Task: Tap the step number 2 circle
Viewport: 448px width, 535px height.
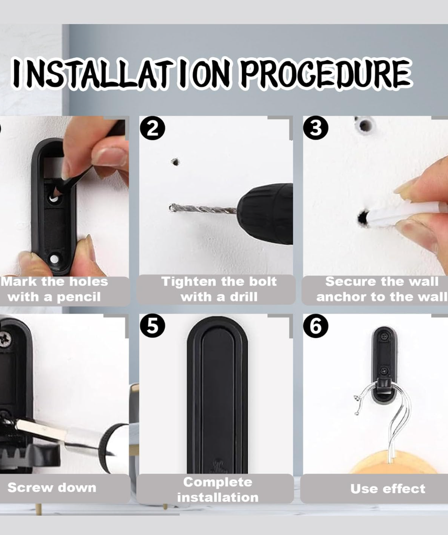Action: (153, 128)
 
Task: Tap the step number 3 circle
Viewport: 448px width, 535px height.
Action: (316, 128)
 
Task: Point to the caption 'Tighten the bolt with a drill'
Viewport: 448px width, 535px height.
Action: (219, 289)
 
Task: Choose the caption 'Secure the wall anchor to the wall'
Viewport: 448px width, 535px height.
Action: (380, 289)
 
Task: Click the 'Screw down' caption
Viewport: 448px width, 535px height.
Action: (52, 488)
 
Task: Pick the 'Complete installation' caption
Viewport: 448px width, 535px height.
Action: (218, 489)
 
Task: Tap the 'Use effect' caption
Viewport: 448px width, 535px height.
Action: (388, 489)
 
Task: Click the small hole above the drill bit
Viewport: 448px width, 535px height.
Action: (176, 162)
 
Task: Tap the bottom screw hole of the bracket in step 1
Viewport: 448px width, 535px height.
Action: (54, 259)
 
